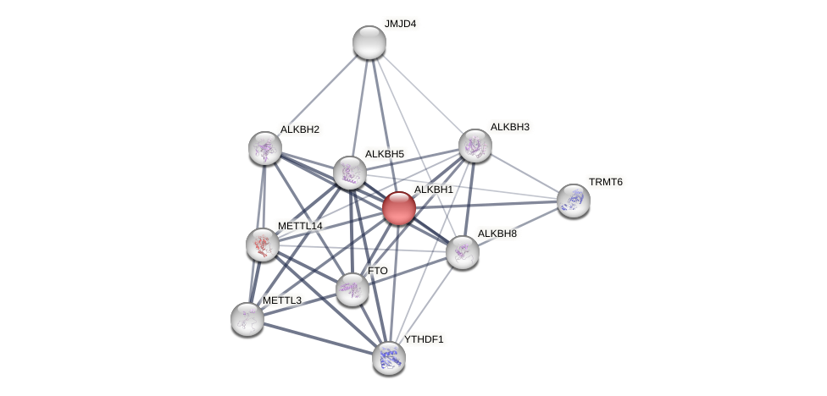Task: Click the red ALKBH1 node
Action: (399, 208)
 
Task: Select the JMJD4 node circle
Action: (369, 42)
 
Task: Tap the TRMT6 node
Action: (574, 201)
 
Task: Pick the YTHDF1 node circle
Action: (389, 358)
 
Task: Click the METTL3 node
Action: (247, 319)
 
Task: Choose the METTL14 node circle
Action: (263, 245)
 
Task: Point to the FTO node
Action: (352, 289)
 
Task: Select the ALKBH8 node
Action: (463, 252)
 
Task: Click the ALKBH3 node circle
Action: (475, 146)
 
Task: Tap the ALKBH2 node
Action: (265, 148)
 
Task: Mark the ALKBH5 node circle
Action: (350, 173)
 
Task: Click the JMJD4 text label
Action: (400, 24)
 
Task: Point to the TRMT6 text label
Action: (606, 182)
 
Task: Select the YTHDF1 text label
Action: (424, 339)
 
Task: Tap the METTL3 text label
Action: (282, 300)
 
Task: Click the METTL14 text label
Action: (300, 226)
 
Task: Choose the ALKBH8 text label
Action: (497, 234)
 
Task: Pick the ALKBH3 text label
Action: (509, 127)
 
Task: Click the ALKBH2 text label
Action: (300, 129)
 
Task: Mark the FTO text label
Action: (378, 271)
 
